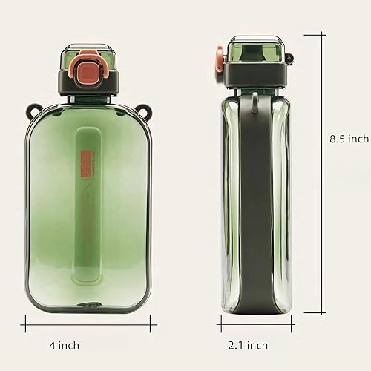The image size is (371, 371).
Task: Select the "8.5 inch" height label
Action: (x=348, y=139)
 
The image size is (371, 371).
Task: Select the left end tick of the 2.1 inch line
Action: (x=220, y=321)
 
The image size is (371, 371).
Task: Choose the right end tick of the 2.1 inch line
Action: (x=292, y=321)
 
